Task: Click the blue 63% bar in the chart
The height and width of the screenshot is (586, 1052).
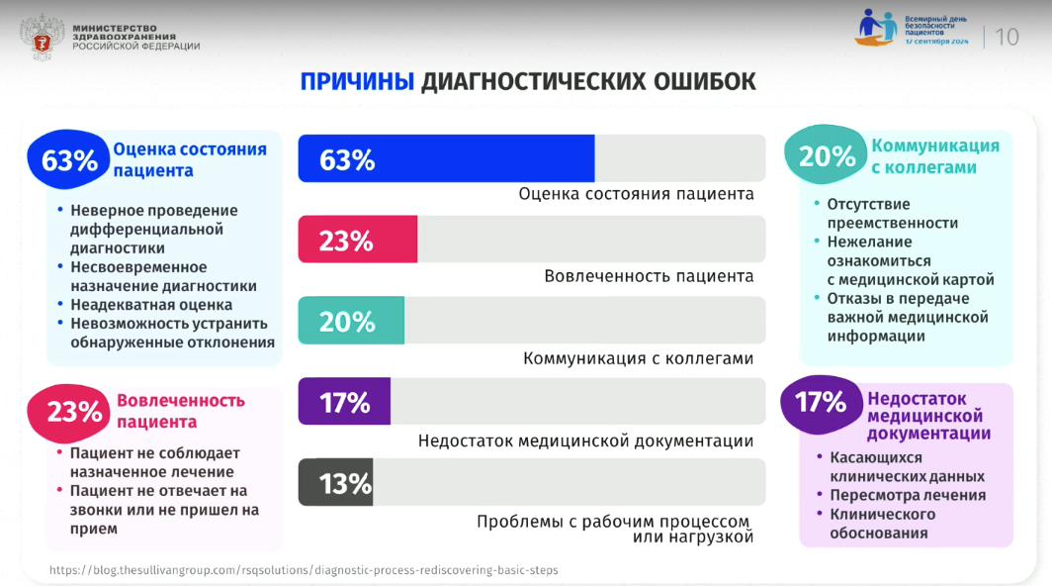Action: [446, 158]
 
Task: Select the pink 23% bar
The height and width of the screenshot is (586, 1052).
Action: [358, 241]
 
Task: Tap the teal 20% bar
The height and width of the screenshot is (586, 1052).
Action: [351, 321]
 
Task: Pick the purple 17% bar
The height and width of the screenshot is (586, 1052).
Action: [344, 402]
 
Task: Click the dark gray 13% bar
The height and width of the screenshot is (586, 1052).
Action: [336, 483]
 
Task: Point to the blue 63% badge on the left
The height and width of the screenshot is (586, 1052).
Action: [69, 159]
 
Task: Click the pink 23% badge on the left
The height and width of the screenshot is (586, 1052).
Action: [75, 412]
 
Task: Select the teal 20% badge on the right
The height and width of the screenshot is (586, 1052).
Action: [827, 156]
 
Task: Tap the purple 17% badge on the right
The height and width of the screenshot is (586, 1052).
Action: [821, 402]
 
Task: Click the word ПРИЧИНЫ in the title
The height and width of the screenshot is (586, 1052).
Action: [357, 81]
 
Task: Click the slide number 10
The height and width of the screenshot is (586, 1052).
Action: [1007, 38]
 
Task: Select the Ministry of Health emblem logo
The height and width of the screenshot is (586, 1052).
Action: [42, 33]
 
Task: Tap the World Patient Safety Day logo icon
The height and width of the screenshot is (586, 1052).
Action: [878, 30]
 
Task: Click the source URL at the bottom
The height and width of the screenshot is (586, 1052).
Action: [304, 570]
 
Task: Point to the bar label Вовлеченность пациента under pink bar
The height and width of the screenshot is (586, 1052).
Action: [649, 276]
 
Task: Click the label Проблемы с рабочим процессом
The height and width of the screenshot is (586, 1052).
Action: [613, 522]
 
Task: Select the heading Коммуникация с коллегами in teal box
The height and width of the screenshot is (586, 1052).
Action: [934, 156]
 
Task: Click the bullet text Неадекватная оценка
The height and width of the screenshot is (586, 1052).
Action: [151, 305]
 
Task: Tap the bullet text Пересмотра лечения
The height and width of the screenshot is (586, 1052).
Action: [907, 495]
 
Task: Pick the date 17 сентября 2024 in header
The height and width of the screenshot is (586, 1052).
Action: [936, 43]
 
